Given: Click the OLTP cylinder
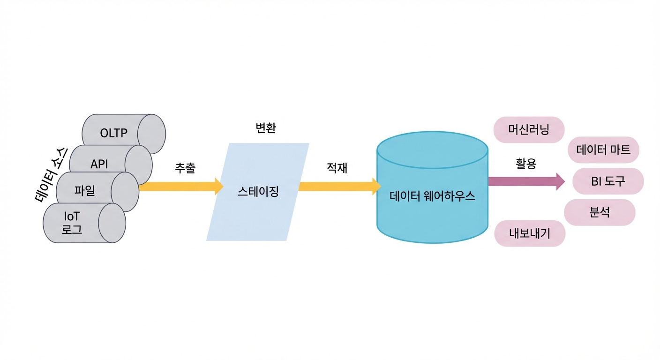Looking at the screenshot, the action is (124, 134).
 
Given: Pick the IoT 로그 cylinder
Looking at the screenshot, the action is (84, 223).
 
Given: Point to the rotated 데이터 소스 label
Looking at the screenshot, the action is (51, 175).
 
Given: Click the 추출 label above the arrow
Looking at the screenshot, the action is (185, 168).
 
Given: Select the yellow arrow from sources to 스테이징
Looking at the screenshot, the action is (181, 187).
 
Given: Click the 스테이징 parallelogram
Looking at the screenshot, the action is (258, 192).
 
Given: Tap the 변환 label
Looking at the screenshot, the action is (266, 128).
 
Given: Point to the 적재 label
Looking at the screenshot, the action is (337, 168).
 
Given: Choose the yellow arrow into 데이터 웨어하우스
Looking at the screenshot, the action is (340, 187).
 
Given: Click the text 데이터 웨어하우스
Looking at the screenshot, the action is (432, 196).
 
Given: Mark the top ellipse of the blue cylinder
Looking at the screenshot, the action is (433, 150).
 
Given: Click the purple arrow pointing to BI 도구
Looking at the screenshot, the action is (526, 181).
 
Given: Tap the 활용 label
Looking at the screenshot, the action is (526, 164).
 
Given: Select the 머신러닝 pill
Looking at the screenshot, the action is (529, 130).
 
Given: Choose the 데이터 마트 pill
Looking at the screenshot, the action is (603, 150).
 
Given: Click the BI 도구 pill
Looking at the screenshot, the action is (608, 181).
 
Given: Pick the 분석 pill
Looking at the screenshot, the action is (600, 212).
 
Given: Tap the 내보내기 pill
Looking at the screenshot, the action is (530, 233).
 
